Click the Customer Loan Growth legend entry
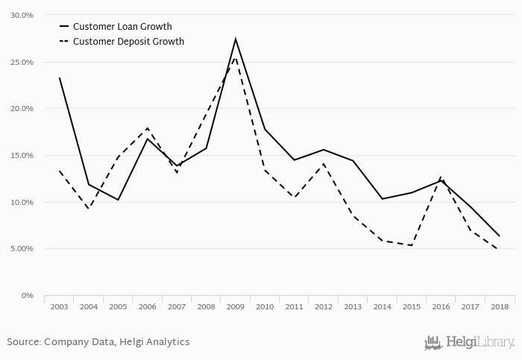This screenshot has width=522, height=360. (122, 27)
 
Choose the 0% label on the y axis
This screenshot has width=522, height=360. (28, 296)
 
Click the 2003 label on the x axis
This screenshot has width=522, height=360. (59, 306)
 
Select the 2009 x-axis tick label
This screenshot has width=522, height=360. (236, 306)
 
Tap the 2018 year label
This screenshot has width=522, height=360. (500, 306)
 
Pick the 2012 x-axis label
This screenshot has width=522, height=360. (324, 306)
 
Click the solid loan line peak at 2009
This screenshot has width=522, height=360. (236, 39)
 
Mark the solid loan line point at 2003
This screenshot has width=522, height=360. (59, 78)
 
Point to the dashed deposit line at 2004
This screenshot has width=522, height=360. (89, 209)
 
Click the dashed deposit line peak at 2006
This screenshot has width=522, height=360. (148, 128)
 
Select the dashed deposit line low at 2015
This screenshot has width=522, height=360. (412, 245)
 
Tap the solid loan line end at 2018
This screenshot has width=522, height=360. (500, 236)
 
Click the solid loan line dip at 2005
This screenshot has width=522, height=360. (118, 200)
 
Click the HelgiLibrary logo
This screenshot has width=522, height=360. (469, 342)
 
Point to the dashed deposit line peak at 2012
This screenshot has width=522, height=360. (324, 164)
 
